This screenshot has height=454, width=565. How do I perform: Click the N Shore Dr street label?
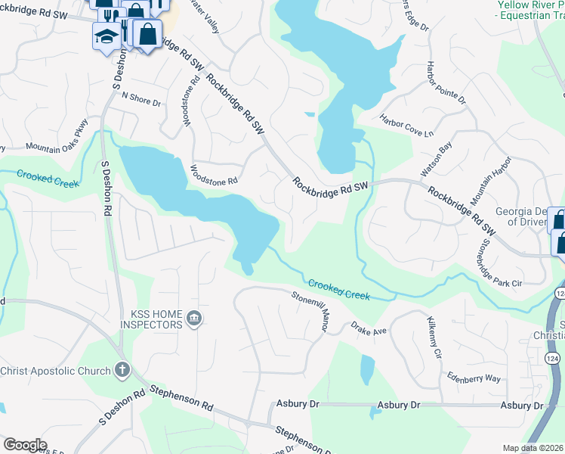pyautogui.click(x=140, y=98)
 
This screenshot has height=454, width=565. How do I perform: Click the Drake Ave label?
pyautogui.click(x=368, y=329)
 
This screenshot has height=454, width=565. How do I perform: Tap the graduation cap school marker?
pyautogui.click(x=105, y=36)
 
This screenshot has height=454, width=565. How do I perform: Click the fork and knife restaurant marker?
pyautogui.click(x=110, y=15)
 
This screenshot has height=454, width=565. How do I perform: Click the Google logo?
pyautogui.click(x=25, y=445)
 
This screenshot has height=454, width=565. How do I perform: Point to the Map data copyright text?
pyautogui.click(x=533, y=448)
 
